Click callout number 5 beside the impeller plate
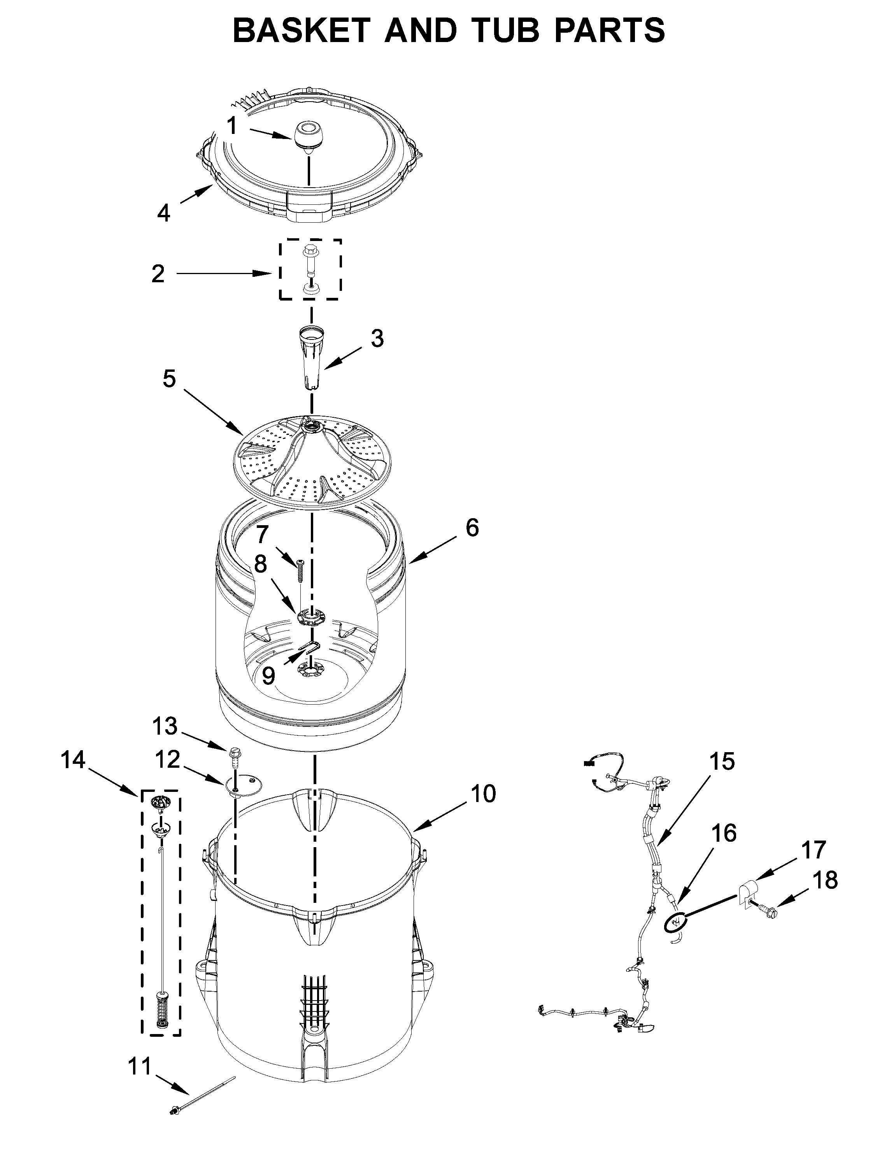169,379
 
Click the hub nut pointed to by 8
310,617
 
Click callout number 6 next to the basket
472,528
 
